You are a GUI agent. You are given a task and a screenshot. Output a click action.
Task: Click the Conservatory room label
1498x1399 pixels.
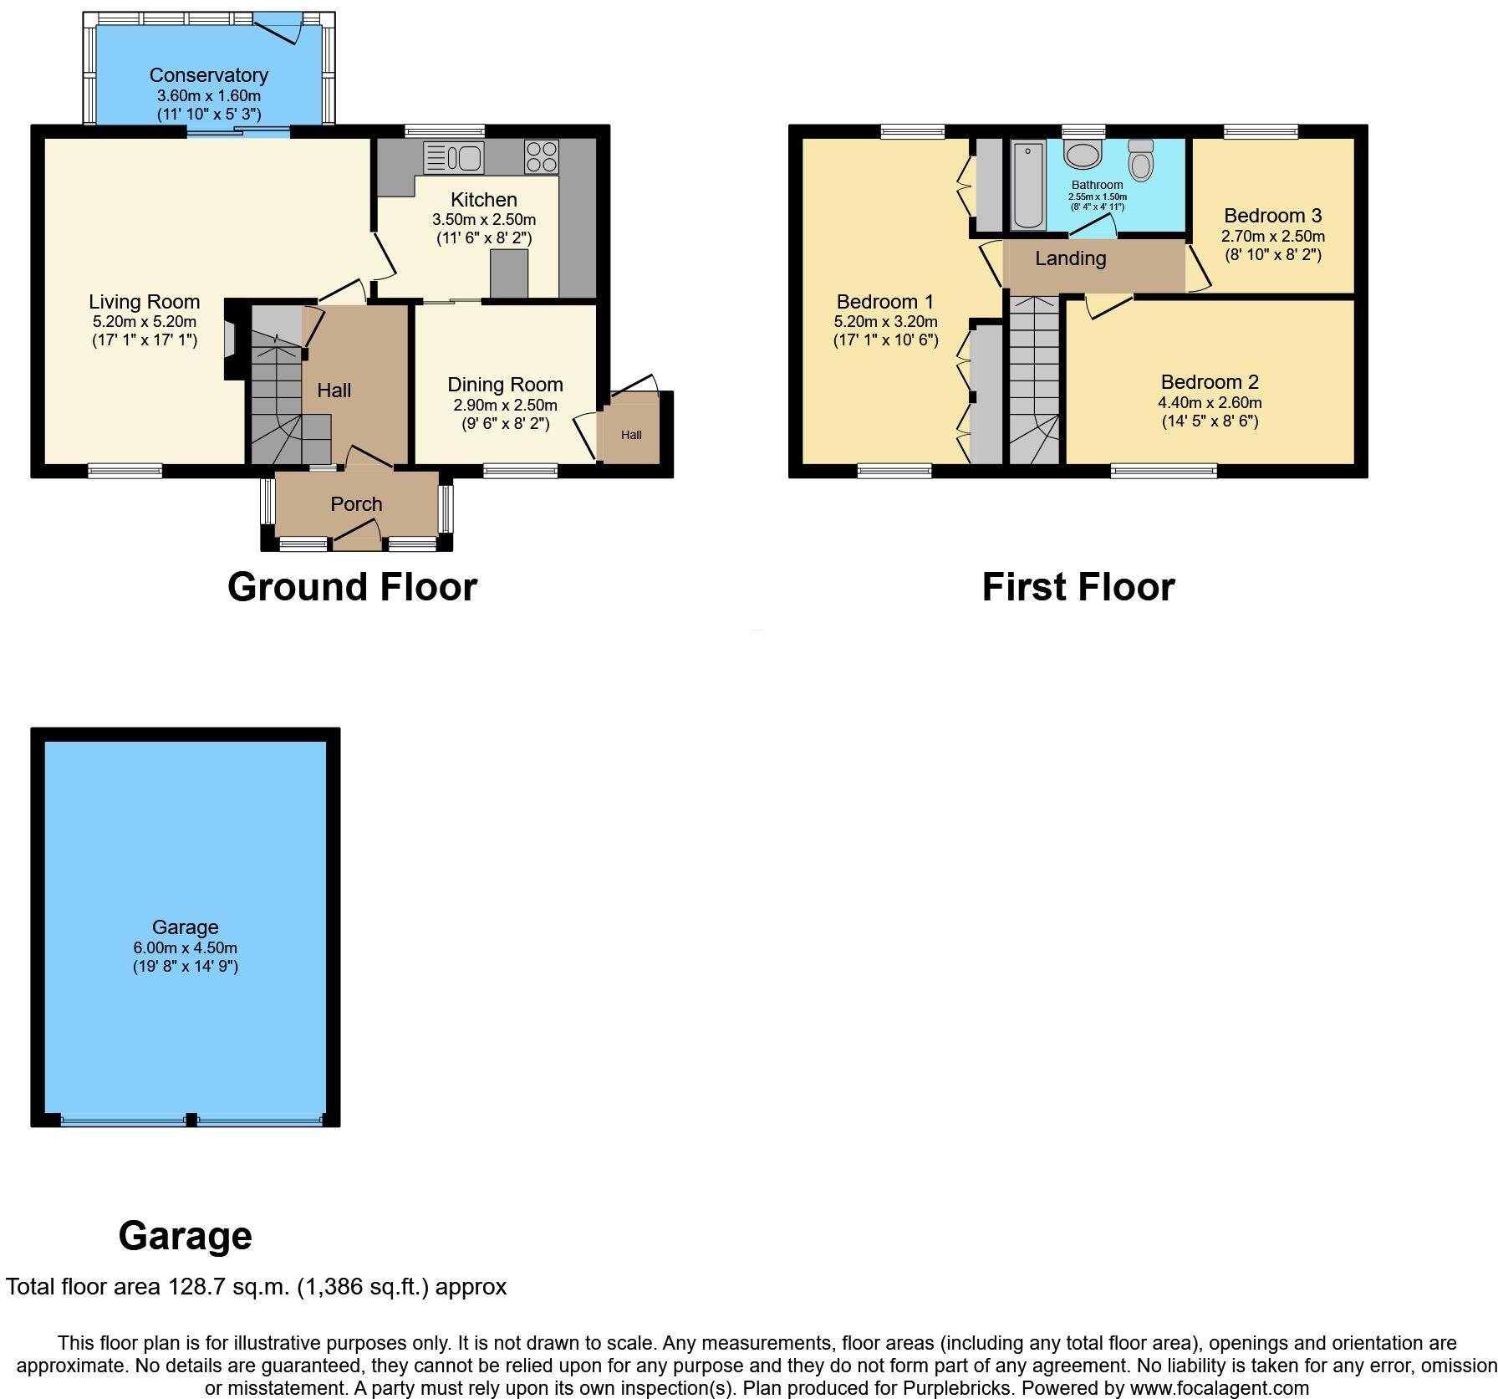click(208, 75)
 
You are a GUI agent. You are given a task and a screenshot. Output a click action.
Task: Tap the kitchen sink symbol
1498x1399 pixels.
click(454, 156)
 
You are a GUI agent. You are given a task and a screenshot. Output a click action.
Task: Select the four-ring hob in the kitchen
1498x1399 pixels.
click(541, 156)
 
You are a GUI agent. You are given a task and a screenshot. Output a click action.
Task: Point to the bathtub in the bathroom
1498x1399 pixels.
click(1027, 186)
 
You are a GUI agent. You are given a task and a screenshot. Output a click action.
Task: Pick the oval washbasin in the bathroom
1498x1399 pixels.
click(1084, 155)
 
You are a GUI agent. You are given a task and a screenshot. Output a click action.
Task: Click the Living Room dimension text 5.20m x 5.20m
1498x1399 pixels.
click(145, 322)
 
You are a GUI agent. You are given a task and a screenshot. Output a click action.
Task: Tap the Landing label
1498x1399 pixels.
click(1070, 259)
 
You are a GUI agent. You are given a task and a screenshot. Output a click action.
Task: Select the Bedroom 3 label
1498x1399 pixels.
click(1272, 216)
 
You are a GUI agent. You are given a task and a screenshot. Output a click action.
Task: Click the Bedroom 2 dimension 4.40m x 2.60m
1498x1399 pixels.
click(1210, 403)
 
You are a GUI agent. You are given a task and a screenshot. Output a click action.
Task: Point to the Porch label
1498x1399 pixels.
click(356, 504)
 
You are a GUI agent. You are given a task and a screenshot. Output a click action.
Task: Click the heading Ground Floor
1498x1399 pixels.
click(352, 587)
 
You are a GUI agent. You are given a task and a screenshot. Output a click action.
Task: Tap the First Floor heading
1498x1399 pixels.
click(1078, 587)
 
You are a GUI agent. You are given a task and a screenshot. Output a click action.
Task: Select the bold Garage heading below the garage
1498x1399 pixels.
click(185, 1236)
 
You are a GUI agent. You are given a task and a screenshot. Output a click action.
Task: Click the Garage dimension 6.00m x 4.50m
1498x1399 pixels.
click(185, 948)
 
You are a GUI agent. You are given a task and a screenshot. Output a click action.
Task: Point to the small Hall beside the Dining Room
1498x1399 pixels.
click(631, 435)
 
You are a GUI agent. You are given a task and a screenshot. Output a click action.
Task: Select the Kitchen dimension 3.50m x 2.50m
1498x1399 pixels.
click(483, 220)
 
